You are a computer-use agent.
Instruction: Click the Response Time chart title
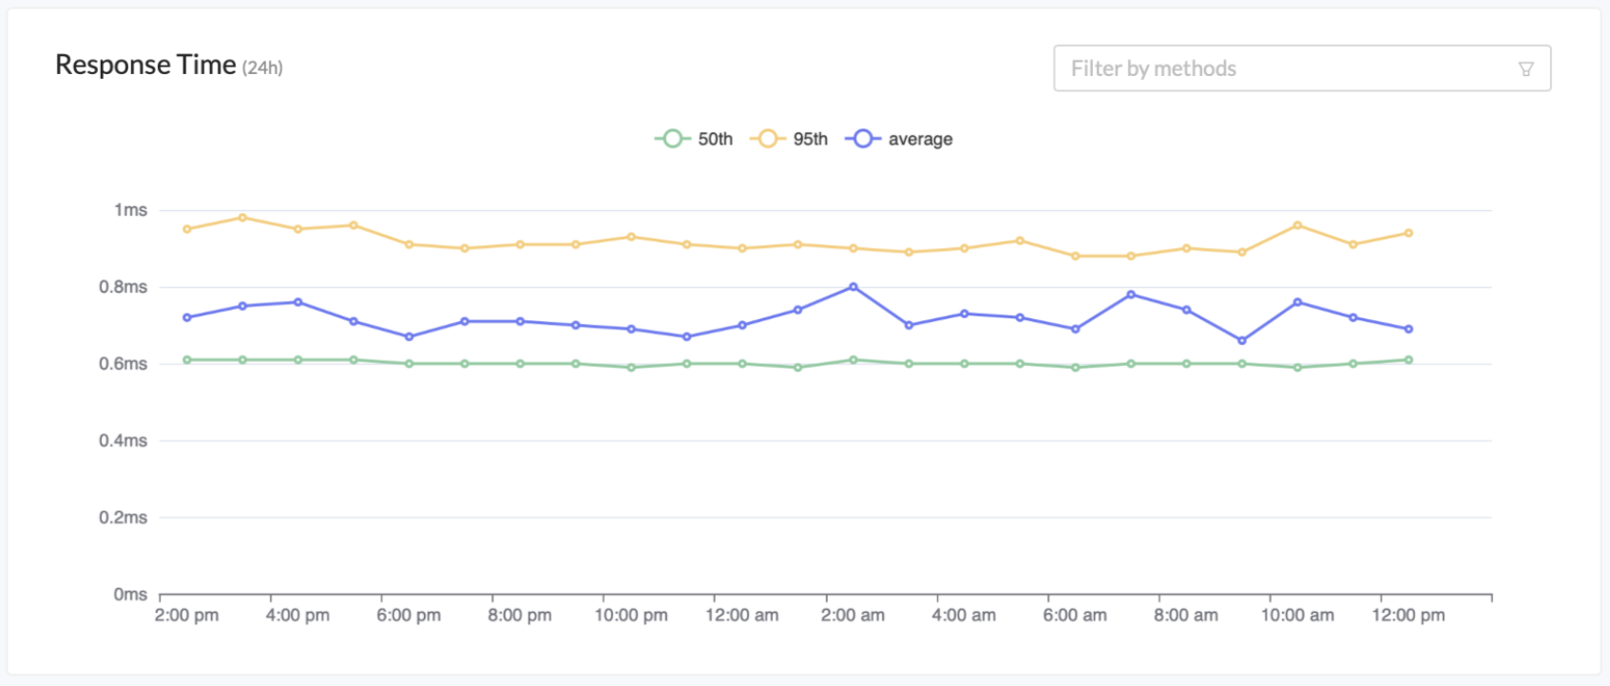click(145, 65)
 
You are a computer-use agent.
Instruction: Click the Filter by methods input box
click(1283, 68)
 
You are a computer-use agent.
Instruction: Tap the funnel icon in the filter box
click(1525, 68)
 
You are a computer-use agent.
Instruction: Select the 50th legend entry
click(695, 139)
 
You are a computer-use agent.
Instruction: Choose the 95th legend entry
click(790, 139)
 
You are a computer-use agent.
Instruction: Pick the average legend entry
click(900, 139)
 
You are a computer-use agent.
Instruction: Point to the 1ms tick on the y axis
click(130, 210)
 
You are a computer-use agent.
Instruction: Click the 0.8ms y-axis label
click(123, 287)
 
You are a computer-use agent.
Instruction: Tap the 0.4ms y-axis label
click(123, 441)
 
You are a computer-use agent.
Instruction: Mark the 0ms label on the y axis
click(130, 595)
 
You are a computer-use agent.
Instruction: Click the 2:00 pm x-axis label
click(186, 616)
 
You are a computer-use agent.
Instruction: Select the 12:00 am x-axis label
click(741, 616)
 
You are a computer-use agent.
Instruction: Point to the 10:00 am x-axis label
click(1297, 616)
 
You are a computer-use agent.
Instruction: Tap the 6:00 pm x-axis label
click(409, 616)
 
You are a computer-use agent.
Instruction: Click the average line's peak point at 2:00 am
click(853, 287)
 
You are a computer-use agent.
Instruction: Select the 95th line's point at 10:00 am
click(1297, 225)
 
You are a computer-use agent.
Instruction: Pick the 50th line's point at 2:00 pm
click(186, 360)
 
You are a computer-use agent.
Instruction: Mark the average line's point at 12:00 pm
click(1409, 329)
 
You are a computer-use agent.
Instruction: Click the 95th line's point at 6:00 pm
click(410, 244)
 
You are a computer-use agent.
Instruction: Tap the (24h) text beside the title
click(262, 67)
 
